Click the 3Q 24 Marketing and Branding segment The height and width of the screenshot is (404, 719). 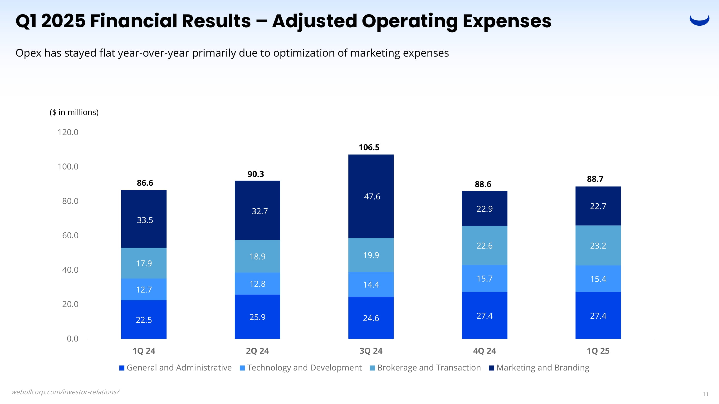(371, 196)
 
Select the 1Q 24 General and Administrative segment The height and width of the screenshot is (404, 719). (144, 320)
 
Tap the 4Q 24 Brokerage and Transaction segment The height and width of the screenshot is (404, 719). (484, 245)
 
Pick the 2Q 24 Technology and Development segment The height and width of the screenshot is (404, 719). (257, 284)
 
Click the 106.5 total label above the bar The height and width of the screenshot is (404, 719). (369, 147)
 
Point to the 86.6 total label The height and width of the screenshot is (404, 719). (145, 183)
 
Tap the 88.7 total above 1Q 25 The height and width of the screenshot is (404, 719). (595, 179)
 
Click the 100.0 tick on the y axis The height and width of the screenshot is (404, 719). (68, 167)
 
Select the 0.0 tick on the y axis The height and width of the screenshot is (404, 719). (73, 338)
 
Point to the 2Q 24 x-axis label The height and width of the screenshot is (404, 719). (257, 351)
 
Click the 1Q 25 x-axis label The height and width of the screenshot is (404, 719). (598, 351)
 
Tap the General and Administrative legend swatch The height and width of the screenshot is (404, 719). (122, 368)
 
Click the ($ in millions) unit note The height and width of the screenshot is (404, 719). (74, 112)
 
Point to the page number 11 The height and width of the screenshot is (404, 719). (705, 394)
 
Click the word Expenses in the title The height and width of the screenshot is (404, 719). (507, 21)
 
